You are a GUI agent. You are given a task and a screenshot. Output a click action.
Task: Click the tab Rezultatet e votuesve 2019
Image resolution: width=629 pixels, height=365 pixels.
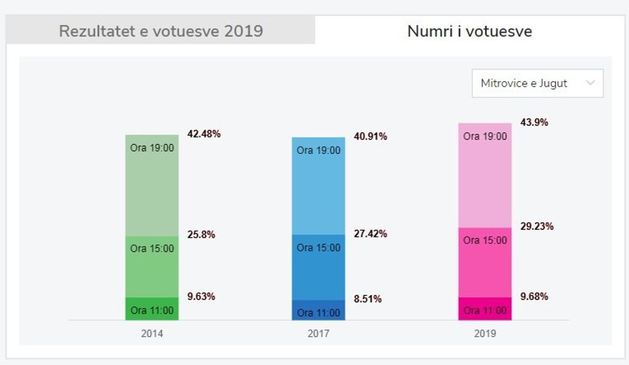(160, 31)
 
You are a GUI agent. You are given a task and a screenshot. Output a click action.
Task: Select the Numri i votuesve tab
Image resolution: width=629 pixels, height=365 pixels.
(469, 31)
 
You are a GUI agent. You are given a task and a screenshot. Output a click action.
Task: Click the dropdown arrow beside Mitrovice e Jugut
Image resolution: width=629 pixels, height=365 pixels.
(590, 83)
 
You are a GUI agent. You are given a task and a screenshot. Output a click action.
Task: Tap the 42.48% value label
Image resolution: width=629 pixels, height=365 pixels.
(203, 134)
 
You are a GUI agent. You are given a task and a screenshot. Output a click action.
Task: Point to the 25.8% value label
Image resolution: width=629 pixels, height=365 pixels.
(201, 235)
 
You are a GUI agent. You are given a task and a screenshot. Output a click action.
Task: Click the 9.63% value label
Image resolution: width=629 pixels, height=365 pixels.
(201, 296)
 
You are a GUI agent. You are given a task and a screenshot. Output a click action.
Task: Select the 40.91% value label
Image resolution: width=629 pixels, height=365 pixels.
(370, 137)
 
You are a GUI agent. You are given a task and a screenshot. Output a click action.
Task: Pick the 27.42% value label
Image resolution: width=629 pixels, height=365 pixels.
(370, 234)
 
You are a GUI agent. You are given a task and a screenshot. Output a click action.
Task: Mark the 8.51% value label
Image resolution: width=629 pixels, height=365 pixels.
(368, 299)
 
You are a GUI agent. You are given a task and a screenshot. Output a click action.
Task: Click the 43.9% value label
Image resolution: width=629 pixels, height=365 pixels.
(534, 122)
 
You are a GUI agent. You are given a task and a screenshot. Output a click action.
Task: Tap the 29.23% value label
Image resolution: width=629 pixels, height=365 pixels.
(537, 226)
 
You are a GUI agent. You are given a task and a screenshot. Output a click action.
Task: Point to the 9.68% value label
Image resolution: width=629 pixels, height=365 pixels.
(534, 296)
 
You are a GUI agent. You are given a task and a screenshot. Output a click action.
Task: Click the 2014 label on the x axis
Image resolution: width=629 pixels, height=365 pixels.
(152, 334)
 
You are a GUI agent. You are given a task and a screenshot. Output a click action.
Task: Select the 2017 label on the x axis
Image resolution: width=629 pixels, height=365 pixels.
(318, 334)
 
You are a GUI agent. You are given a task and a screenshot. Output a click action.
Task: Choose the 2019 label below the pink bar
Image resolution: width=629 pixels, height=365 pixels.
(485, 334)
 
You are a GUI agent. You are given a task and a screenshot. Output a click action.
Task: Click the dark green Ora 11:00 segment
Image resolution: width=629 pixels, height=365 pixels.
(152, 309)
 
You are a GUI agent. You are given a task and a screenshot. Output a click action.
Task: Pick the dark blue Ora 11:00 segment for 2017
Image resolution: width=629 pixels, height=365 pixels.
(318, 310)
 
